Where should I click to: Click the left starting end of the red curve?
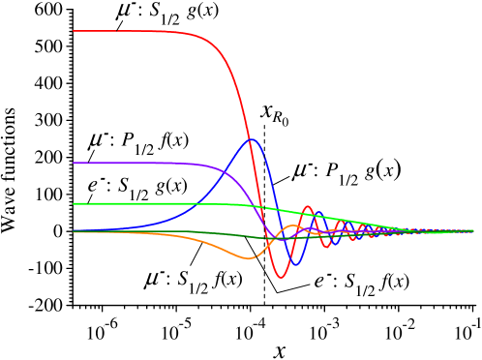tap(74, 31)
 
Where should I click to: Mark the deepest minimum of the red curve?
tap(281, 278)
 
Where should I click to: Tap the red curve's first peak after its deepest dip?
tap(308, 206)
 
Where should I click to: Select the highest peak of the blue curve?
tap(253, 140)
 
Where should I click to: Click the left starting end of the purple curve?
tap(74, 163)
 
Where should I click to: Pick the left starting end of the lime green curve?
tap(74, 203)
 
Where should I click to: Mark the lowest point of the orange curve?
tap(249, 258)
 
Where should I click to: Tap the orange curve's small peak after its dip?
tap(293, 225)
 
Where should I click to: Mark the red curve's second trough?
tap(327, 247)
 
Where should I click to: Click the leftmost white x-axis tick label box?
tap(95, 323)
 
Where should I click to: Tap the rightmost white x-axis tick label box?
tap(467, 323)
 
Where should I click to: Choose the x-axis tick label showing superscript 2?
tap(398, 323)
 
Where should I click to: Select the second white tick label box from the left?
tap(168, 323)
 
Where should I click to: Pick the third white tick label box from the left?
tap(243, 323)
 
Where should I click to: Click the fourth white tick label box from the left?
tap(316, 323)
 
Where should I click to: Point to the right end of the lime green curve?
tap(473, 230)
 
